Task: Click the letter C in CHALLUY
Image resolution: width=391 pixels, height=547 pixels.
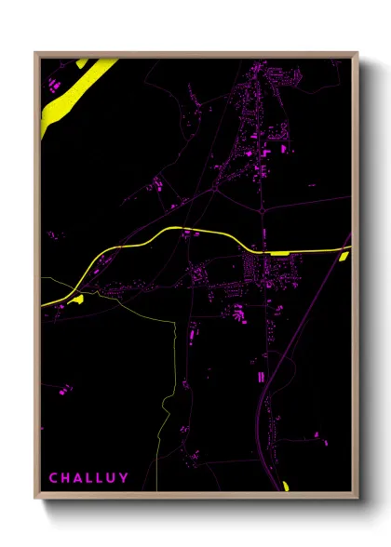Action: point(53,478)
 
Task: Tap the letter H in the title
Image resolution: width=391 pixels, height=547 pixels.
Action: point(66,478)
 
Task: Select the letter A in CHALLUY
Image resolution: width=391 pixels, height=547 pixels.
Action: point(80,478)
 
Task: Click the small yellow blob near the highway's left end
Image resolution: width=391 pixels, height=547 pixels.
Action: point(77,299)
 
